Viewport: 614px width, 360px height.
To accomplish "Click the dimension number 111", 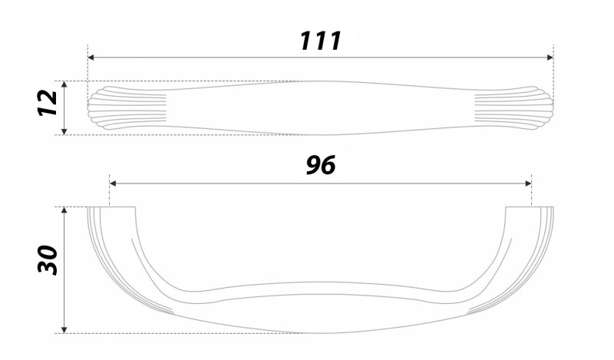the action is [x=321, y=41].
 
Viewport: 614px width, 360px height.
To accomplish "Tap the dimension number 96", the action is [x=321, y=165].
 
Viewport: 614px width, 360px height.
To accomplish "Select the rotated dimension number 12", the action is [x=48, y=103].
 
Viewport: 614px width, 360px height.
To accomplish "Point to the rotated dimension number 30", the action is [x=48, y=259].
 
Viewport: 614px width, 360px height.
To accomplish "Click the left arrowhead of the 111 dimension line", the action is [x=91, y=58].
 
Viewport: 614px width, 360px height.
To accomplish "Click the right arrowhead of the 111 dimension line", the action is [x=550, y=58].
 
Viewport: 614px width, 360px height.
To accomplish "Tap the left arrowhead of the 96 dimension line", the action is [x=113, y=183].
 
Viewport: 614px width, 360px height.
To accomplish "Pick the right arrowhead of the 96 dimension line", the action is [x=528, y=183].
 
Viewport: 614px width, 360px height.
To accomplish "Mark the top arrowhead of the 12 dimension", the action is [x=64, y=84].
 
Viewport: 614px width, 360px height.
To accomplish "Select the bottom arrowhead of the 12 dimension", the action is [x=64, y=131].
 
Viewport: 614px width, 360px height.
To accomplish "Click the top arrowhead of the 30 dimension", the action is [x=64, y=210].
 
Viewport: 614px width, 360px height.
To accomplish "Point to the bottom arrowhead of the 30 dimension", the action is [x=64, y=330].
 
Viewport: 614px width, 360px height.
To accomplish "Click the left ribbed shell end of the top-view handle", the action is [x=127, y=107].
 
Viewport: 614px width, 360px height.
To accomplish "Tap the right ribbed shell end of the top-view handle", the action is [x=513, y=107].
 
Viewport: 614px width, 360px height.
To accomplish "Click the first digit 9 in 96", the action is [x=314, y=165].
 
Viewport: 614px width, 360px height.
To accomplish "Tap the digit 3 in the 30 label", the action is [x=48, y=268].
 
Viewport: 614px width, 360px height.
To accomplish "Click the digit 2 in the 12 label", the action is [x=48, y=97].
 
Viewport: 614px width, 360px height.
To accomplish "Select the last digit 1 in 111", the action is [x=335, y=41].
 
